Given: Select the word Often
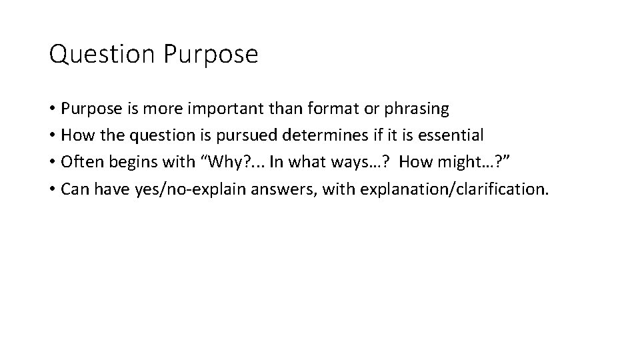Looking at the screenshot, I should pos(79,163).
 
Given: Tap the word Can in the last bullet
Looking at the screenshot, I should pos(73,189).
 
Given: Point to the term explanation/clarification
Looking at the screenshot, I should pos(454,189).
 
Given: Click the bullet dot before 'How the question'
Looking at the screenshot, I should pos(52,135).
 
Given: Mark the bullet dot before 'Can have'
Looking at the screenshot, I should pos(52,189).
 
